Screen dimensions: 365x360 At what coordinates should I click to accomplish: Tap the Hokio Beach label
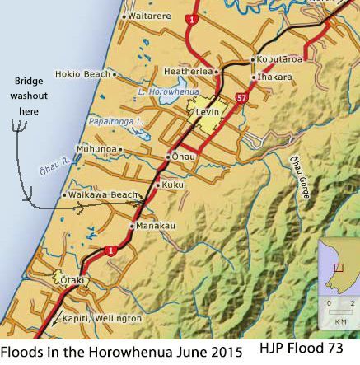click(x=82, y=73)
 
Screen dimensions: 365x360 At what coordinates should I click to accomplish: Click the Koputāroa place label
click(x=282, y=59)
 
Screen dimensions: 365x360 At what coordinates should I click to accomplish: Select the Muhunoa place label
click(x=96, y=149)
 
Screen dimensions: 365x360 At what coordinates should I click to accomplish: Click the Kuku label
click(x=173, y=185)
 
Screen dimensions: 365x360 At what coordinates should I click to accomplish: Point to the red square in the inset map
click(x=339, y=267)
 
